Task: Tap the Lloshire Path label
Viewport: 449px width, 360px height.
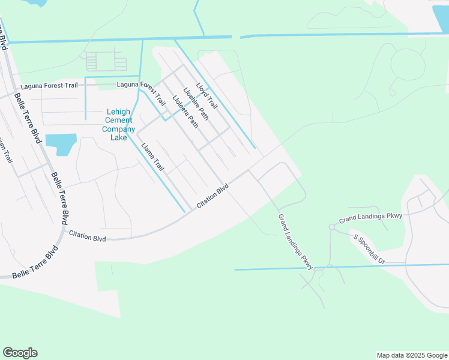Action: click(196, 104)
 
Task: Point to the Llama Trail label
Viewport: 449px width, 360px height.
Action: click(152, 157)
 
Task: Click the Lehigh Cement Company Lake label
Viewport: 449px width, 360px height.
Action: click(118, 124)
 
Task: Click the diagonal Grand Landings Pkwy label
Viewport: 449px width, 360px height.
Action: click(296, 241)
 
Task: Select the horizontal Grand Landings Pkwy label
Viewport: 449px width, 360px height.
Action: click(370, 217)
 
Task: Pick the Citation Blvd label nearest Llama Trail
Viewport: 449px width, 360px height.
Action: click(212, 196)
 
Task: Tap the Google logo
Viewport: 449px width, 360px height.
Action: click(20, 352)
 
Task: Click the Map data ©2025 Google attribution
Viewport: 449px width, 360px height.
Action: click(411, 355)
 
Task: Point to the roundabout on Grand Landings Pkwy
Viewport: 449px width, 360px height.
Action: click(331, 227)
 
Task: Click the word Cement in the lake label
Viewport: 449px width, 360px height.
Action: click(119, 120)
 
